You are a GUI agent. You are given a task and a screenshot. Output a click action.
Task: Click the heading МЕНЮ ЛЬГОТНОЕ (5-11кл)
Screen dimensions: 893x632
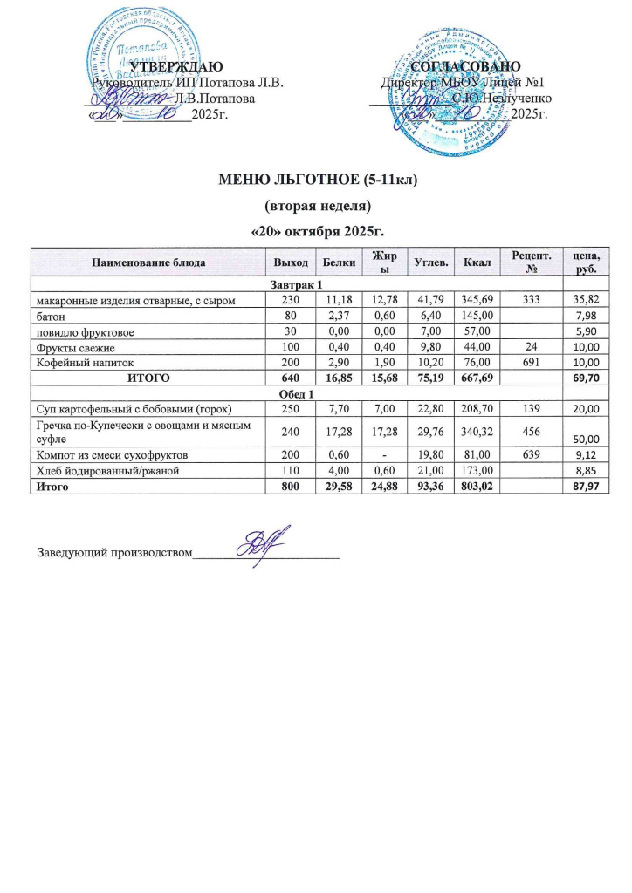[316, 181]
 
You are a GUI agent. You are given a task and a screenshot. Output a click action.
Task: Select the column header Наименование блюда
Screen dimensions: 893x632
[147, 262]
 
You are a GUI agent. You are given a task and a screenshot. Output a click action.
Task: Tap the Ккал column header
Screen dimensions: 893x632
[477, 262]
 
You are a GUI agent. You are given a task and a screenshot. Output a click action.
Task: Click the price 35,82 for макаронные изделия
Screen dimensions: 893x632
[581, 301]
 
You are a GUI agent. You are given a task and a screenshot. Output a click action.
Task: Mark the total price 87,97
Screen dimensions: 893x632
[581, 484]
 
